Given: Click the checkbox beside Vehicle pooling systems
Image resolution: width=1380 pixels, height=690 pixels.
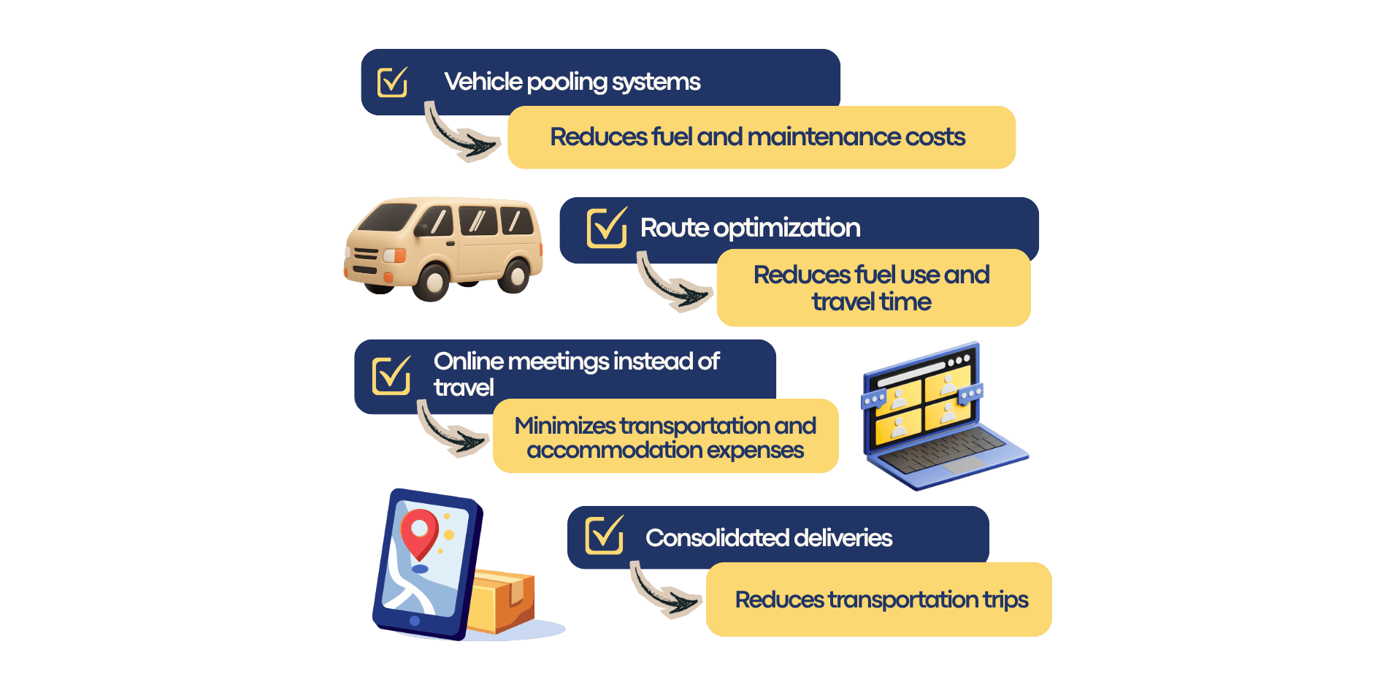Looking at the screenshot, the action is pos(392,82).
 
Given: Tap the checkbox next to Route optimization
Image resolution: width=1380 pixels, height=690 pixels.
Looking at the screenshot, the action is pos(607,227).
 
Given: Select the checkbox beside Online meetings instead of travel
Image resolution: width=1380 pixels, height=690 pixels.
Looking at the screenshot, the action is pos(391,375).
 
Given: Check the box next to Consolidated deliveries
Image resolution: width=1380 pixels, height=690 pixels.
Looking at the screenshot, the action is pos(605,535).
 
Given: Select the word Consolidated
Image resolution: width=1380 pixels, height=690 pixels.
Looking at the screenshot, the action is pos(718,538).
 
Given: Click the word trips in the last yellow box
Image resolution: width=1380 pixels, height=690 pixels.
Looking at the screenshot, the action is pos(1005,600).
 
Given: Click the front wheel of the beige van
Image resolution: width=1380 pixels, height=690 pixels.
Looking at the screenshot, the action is pos(430,281).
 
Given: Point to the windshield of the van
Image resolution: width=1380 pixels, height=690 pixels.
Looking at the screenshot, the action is pos(388,217).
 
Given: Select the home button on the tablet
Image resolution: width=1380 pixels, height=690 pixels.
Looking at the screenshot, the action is pos(415,621).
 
